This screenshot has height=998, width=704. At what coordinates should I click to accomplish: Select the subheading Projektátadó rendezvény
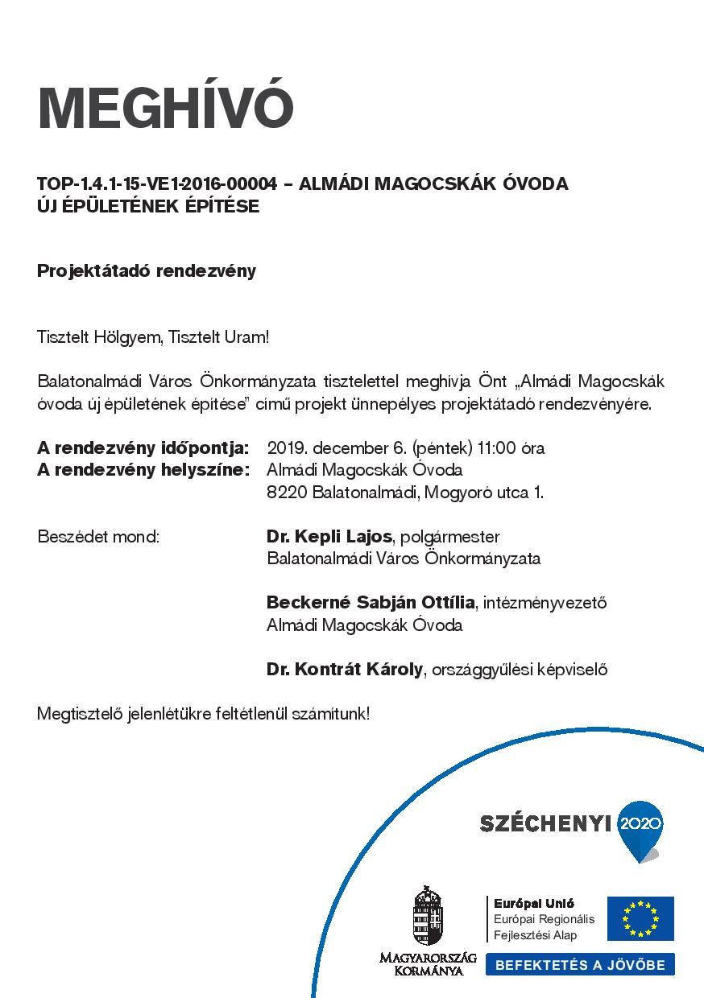147,270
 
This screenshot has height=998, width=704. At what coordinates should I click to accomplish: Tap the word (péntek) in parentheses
441,447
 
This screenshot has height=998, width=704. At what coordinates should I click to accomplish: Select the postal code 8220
287,492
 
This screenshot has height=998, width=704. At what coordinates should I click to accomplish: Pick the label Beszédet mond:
98,536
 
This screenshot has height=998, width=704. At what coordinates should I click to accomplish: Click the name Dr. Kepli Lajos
329,536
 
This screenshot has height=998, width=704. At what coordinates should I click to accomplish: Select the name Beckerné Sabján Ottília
371,602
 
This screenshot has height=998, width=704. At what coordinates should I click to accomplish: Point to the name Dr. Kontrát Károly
345,669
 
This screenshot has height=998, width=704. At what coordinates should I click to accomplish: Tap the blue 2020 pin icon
641,829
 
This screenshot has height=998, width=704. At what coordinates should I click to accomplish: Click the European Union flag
640,918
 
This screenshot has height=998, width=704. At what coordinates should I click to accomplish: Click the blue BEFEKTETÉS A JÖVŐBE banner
580,964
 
